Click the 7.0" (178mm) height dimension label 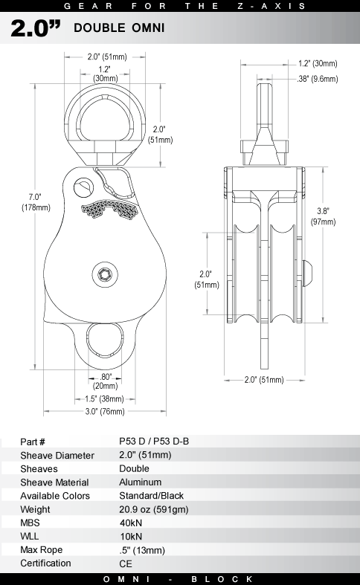(36, 202)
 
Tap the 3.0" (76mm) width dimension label (105, 412)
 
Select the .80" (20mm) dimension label (106, 381)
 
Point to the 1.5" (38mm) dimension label (104, 399)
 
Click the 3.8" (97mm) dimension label (323, 216)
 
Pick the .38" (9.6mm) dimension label (318, 79)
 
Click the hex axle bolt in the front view (105, 275)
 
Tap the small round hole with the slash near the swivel (83, 187)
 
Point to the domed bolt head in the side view (309, 273)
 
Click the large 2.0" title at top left (36, 28)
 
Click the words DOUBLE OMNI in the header (119, 28)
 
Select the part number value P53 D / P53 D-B (154, 442)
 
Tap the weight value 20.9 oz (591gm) (154, 509)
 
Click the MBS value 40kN (131, 523)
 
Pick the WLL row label (30, 537)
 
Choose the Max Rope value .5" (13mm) (142, 550)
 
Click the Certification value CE (126, 563)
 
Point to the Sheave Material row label (54, 482)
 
